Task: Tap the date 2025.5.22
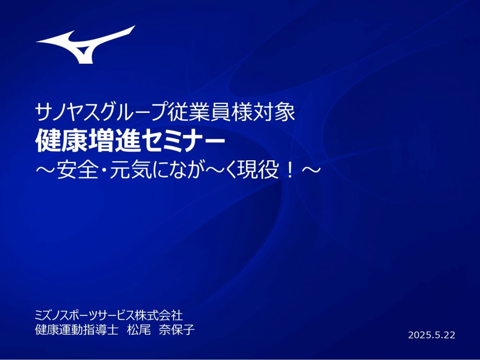pos(432,335)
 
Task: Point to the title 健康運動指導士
pos(76,330)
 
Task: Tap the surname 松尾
pos(139,330)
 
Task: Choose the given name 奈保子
pos(177,330)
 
